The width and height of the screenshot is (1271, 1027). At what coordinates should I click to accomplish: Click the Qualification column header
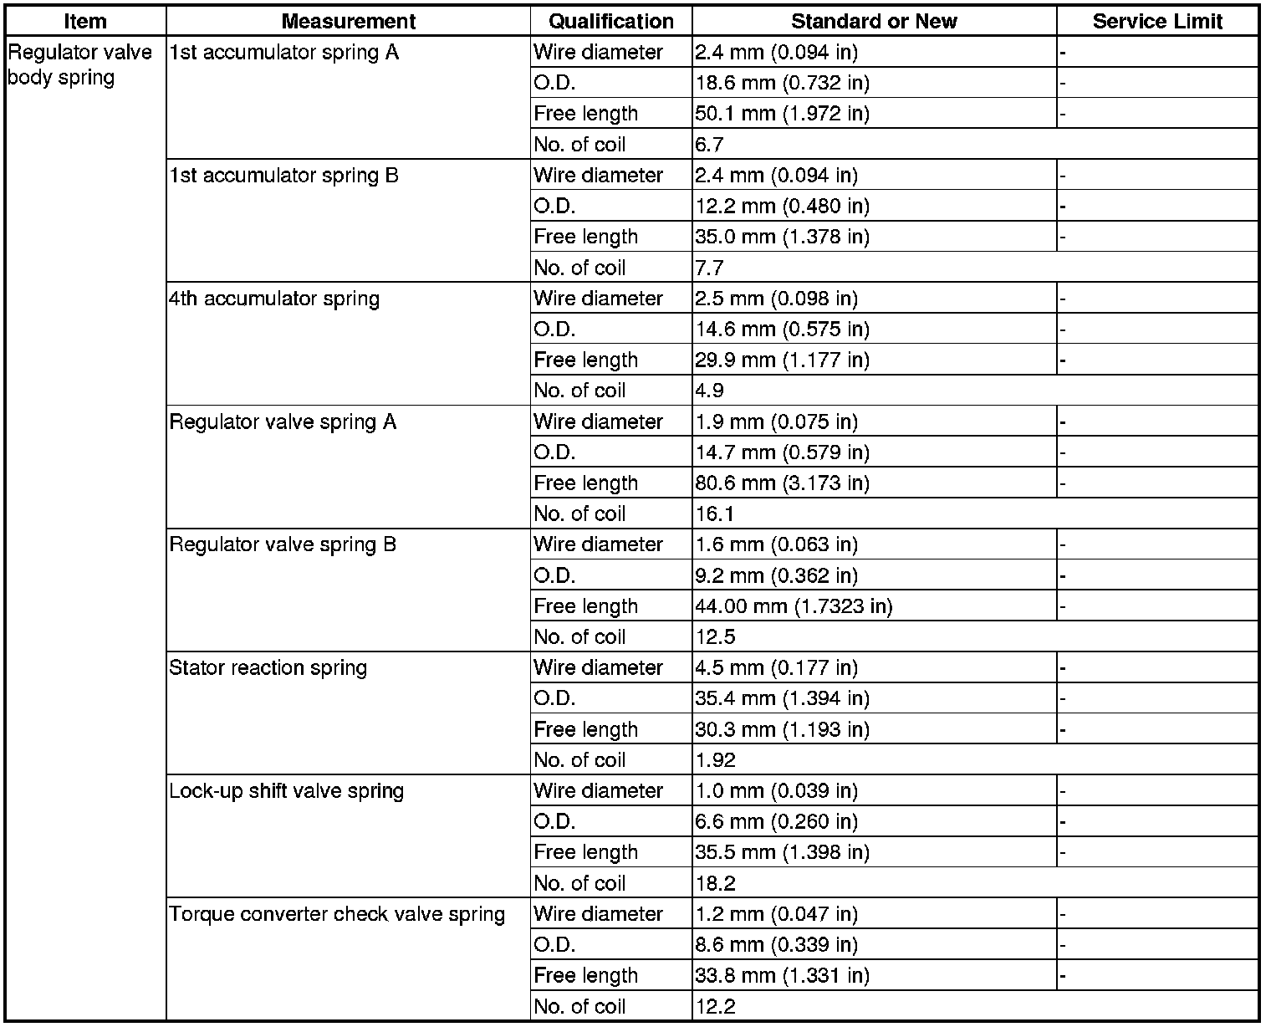pyautogui.click(x=611, y=22)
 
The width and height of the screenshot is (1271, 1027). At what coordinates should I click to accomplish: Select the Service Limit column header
pyautogui.click(x=1157, y=22)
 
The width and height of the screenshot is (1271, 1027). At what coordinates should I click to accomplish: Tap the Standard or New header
pyautogui.click(x=874, y=22)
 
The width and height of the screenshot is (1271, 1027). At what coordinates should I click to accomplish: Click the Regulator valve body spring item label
pyautogui.click(x=79, y=65)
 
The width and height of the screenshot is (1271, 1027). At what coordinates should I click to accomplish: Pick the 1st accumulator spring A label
pyautogui.click(x=283, y=54)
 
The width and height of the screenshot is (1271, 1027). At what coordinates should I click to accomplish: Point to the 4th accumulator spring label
pyautogui.click(x=273, y=299)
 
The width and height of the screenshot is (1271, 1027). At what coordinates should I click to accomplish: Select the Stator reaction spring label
pyautogui.click(x=268, y=668)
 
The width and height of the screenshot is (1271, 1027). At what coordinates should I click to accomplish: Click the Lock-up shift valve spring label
pyautogui.click(x=286, y=791)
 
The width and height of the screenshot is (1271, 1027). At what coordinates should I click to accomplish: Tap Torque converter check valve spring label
pyautogui.click(x=337, y=914)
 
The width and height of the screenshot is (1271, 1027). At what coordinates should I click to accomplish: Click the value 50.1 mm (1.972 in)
pyautogui.click(x=782, y=114)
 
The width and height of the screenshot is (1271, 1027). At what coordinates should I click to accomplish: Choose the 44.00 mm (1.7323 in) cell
pyautogui.click(x=794, y=606)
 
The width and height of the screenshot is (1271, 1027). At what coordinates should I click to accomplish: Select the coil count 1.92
pyautogui.click(x=715, y=760)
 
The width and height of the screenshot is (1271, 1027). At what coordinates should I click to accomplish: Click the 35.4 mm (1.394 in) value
pyautogui.click(x=782, y=699)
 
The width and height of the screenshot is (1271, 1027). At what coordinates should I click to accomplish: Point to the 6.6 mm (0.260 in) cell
pyautogui.click(x=776, y=822)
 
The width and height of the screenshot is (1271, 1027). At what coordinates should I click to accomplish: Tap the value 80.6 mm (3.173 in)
pyautogui.click(x=782, y=483)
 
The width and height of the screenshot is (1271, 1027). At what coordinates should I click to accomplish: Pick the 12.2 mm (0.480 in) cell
pyautogui.click(x=782, y=207)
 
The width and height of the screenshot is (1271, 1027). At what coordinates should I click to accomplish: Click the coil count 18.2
pyautogui.click(x=715, y=883)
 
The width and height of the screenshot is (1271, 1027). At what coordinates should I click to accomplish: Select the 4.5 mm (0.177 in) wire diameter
pyautogui.click(x=776, y=668)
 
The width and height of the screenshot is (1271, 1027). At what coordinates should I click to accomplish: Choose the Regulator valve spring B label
pyautogui.click(x=283, y=545)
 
